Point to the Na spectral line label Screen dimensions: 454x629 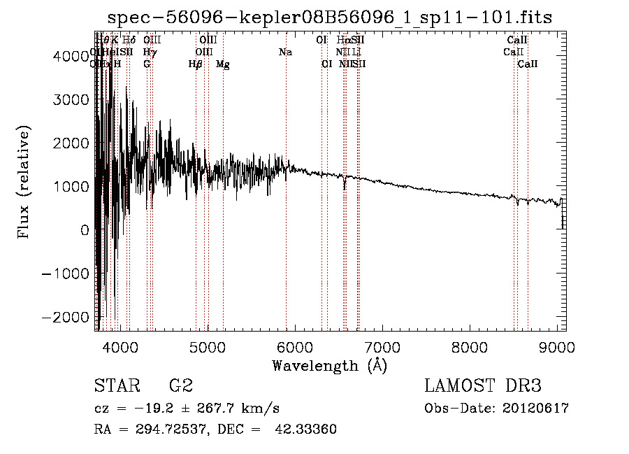[285, 52]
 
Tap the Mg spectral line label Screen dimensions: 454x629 [223, 64]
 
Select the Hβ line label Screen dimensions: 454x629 [196, 64]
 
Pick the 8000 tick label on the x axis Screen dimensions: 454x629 [469, 347]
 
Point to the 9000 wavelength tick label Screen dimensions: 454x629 [556, 347]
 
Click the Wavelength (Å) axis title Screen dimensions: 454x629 [329, 365]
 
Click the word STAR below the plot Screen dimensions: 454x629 [117, 386]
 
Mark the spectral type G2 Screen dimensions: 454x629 [180, 386]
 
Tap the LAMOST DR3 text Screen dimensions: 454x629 [483, 386]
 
